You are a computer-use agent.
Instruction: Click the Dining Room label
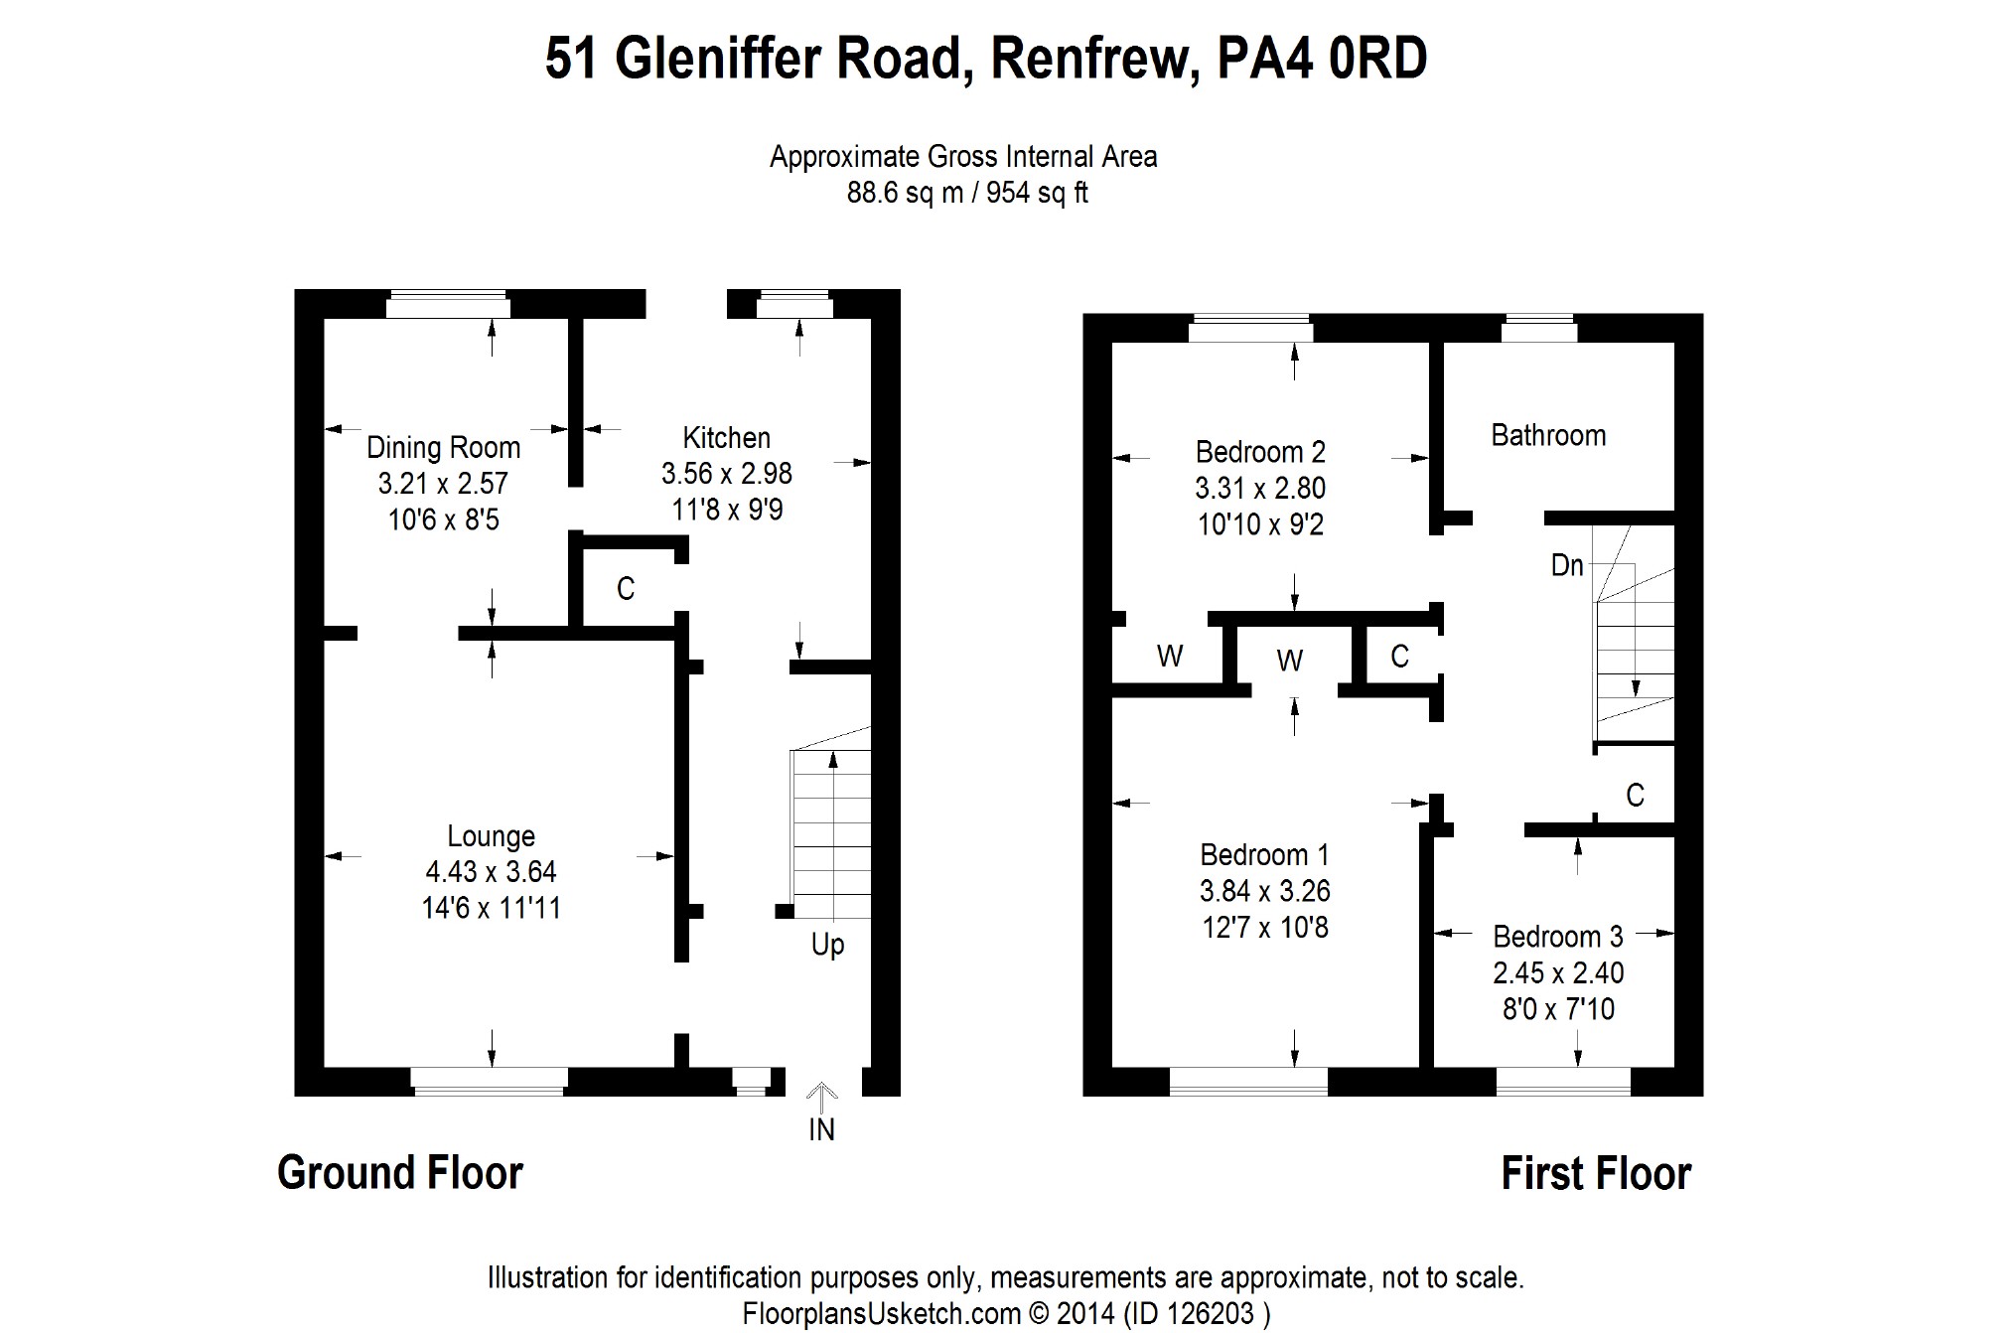point(443,448)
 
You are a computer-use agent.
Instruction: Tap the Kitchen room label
point(726,438)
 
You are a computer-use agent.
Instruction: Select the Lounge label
point(491,836)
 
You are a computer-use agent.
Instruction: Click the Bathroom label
point(1548,435)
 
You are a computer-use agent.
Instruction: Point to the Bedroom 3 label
point(1557,937)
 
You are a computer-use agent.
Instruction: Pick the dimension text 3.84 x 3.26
point(1264,891)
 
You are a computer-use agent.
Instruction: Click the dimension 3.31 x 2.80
point(1260,488)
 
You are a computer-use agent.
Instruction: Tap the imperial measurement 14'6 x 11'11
point(491,908)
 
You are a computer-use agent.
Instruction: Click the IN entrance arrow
point(821,1095)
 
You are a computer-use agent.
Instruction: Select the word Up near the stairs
point(827,944)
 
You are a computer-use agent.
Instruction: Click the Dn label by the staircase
point(1566,565)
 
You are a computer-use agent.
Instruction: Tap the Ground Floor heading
point(400,1173)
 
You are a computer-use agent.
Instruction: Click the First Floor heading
point(1595,1173)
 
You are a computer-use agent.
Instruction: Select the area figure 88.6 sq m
point(904,193)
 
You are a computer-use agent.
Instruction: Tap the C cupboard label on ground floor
point(625,589)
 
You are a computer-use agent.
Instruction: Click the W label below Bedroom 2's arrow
point(1289,661)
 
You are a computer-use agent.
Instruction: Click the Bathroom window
point(1538,328)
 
